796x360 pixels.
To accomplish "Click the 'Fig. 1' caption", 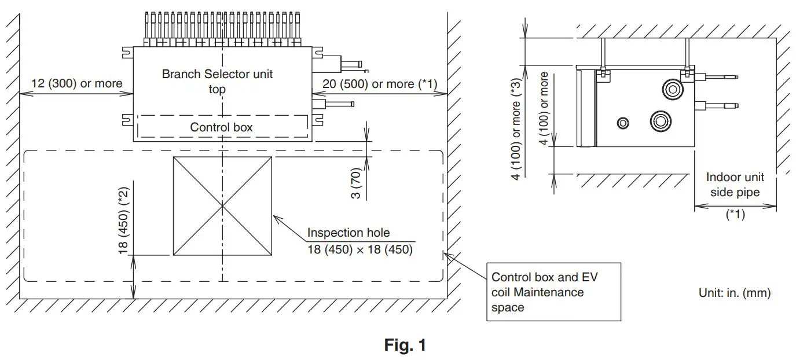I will (x=405, y=346).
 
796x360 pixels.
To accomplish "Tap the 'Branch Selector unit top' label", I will (x=217, y=81).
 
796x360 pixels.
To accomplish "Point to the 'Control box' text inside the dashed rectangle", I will (x=221, y=127).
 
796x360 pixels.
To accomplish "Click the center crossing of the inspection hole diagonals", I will (x=222, y=205).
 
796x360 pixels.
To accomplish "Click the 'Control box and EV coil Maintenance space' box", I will (x=553, y=292).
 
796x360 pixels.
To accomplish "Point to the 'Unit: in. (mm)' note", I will (x=735, y=293).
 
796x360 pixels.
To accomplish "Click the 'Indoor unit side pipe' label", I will (x=735, y=185).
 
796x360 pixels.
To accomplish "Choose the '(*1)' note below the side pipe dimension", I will (x=735, y=215).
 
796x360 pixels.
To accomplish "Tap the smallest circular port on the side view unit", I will (x=623, y=123).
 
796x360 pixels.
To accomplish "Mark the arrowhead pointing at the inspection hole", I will (x=276, y=219).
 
